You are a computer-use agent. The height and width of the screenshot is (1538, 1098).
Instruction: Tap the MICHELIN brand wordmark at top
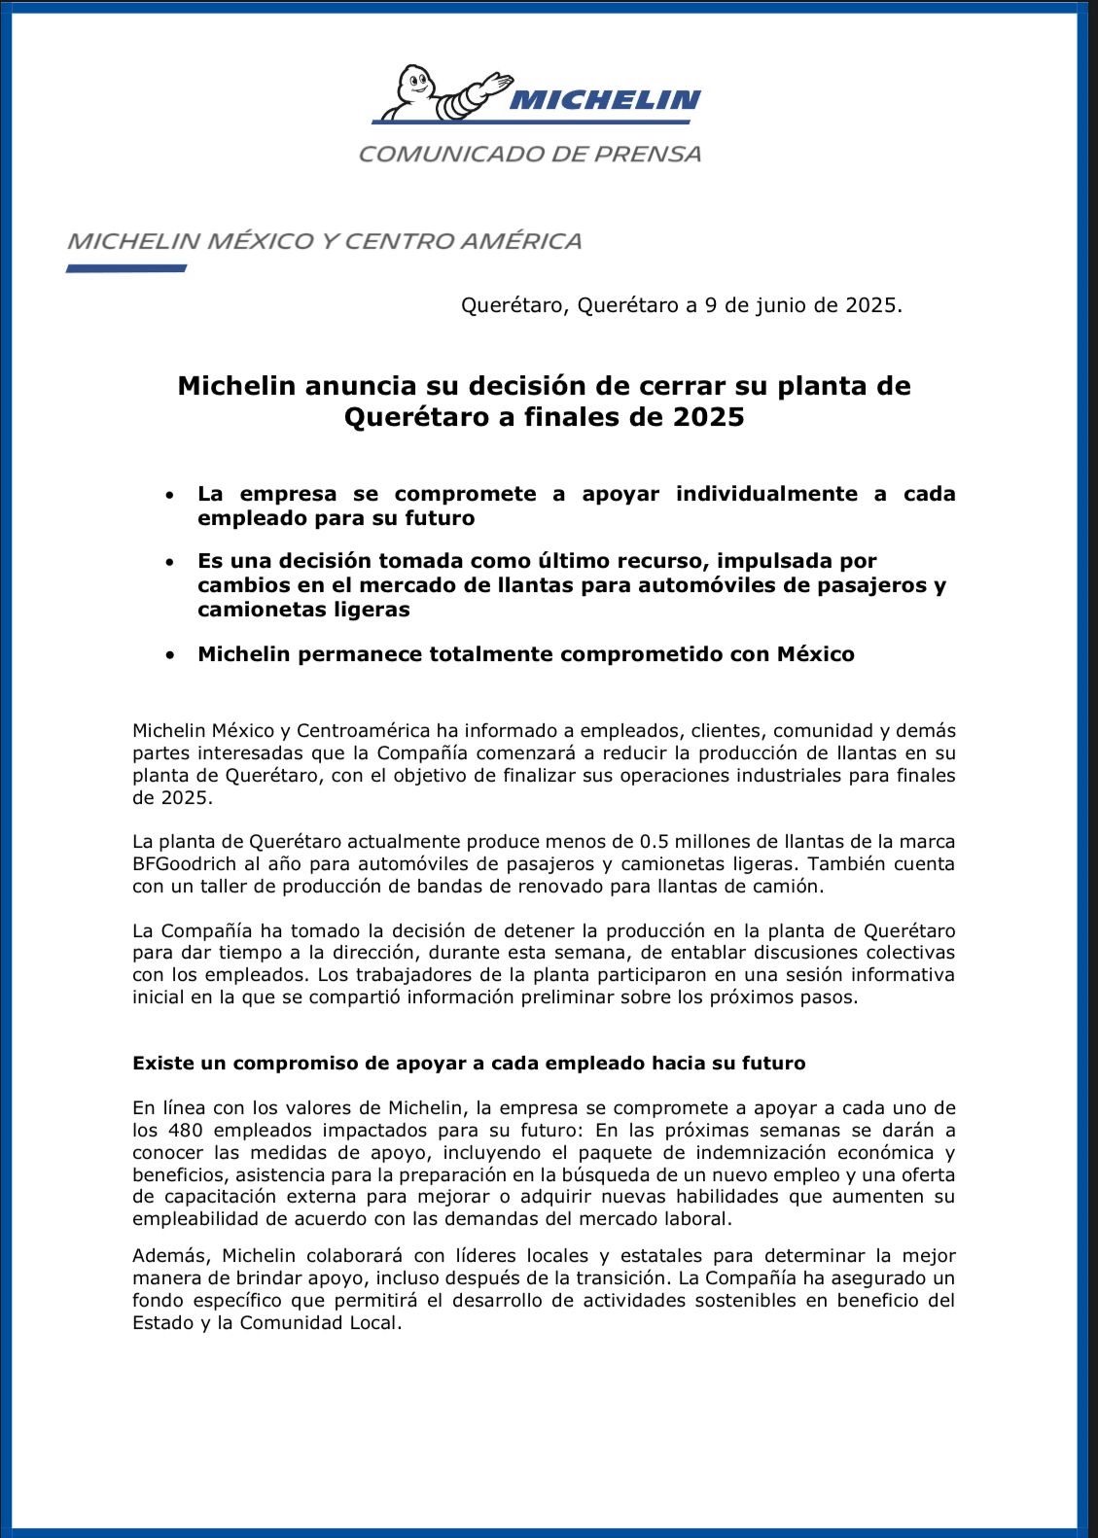[604, 99]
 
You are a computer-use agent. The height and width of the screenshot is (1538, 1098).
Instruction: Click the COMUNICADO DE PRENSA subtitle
[530, 154]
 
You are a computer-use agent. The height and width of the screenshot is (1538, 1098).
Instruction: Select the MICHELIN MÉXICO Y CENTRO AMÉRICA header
[325, 241]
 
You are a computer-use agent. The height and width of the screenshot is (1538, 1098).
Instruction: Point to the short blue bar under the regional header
[126, 268]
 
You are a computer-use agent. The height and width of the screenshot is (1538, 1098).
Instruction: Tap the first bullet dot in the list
[170, 495]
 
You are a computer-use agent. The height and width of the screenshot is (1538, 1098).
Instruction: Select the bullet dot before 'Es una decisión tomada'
[170, 562]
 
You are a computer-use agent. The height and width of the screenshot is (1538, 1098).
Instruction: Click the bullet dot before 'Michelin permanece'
[170, 655]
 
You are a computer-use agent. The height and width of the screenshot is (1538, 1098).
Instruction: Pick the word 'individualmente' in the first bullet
[766, 494]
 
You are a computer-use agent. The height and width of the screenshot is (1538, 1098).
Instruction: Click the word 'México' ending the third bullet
[815, 654]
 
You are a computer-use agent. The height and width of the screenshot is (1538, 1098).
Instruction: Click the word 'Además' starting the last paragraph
[166, 1255]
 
